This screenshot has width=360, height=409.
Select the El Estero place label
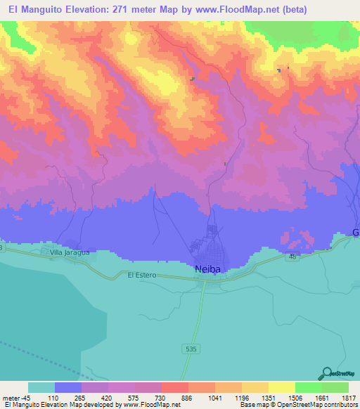141,275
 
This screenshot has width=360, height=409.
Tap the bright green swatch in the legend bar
308,387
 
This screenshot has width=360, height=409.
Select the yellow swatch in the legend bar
281,387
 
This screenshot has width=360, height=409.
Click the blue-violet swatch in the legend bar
68,387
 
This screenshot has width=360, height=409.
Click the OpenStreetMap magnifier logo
326,373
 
